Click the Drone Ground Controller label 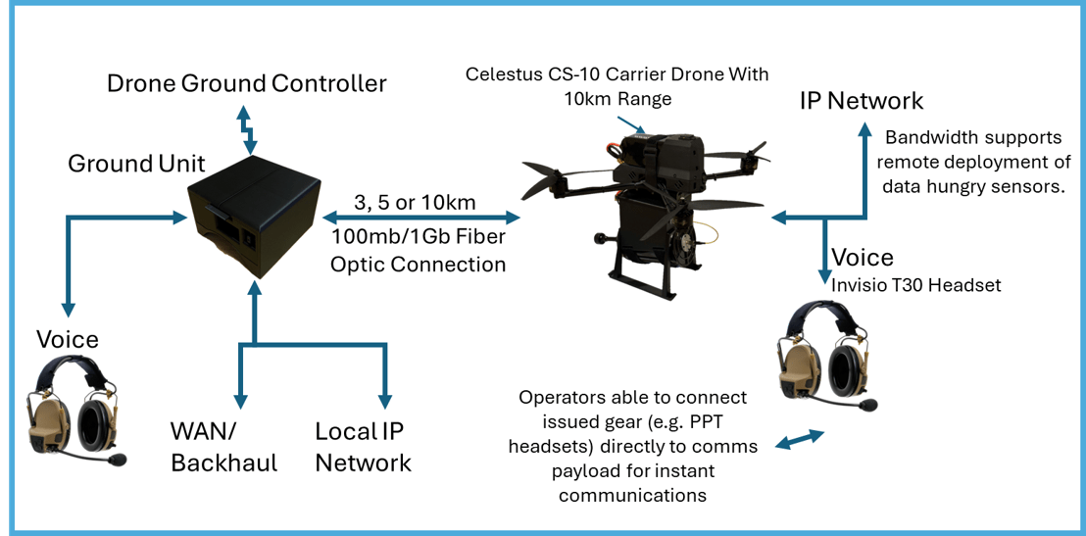coord(246,83)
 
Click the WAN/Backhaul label coord(223,447)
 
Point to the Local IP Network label coord(363,447)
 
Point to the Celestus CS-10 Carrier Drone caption coord(617,86)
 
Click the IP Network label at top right coord(861,101)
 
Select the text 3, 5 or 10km coord(416,204)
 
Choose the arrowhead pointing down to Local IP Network coord(384,400)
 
